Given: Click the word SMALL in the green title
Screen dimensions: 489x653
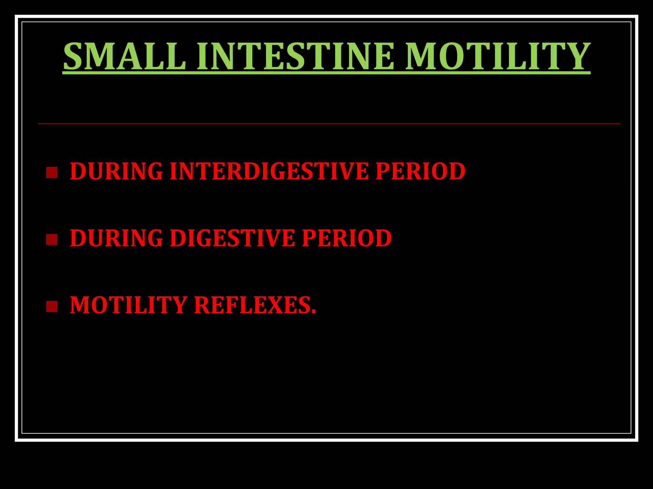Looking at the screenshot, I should (x=125, y=56).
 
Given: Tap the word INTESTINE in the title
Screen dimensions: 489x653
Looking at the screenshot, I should (x=295, y=56).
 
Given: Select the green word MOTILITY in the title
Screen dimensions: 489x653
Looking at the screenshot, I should (x=498, y=56).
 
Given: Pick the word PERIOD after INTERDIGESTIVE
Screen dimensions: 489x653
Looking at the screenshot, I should (x=420, y=171).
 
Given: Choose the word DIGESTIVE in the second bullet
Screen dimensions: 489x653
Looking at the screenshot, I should (x=232, y=238).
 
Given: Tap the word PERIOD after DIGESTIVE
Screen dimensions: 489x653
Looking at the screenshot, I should (x=347, y=238).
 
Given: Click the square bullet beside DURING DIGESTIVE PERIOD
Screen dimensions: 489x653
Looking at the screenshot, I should (x=52, y=239).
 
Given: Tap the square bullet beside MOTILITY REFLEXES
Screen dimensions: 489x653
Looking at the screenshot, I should (x=52, y=306).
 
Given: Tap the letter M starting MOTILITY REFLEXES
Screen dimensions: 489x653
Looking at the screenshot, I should (x=80, y=305).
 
